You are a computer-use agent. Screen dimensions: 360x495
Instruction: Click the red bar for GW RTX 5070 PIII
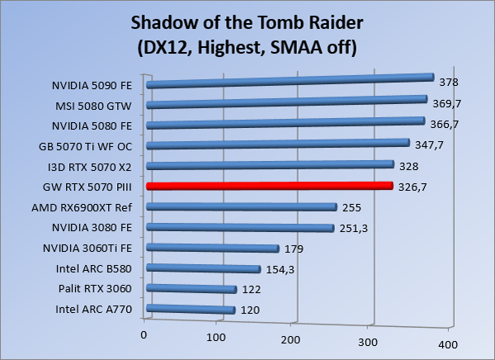point(269,187)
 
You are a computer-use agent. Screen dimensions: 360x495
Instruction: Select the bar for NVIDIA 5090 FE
point(290,81)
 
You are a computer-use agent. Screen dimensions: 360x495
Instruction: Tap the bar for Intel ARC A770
point(191,310)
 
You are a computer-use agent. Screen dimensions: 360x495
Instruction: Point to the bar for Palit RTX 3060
point(191,289)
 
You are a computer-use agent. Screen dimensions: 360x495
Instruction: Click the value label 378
point(449,82)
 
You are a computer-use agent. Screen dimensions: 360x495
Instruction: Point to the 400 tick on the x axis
point(446,343)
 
